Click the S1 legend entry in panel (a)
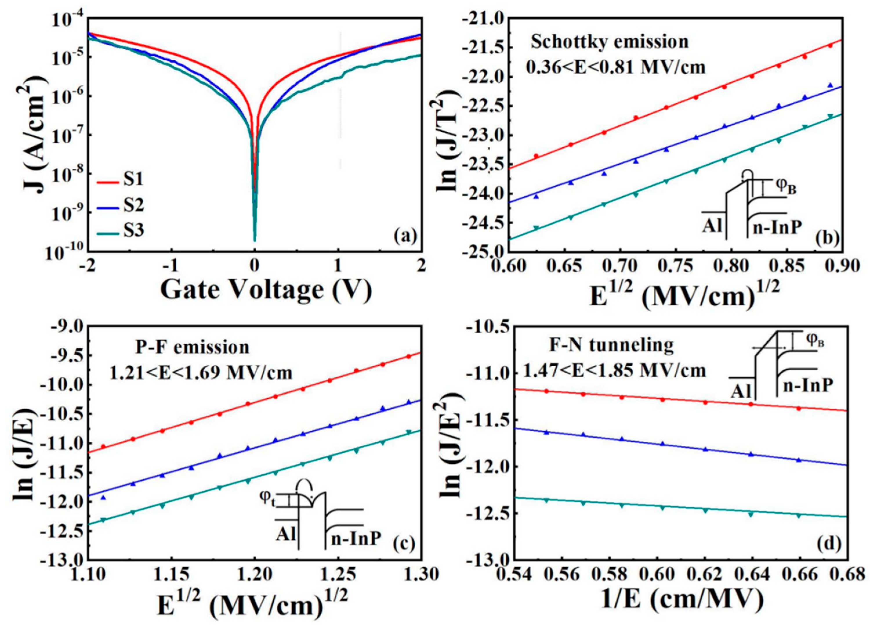pyautogui.click(x=132, y=180)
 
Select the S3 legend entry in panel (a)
pyautogui.click(x=132, y=231)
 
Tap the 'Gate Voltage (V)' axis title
pyautogui.click(x=266, y=290)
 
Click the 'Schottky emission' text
pyautogui.click(x=610, y=42)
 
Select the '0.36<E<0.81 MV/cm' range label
pyautogui.click(x=615, y=68)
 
